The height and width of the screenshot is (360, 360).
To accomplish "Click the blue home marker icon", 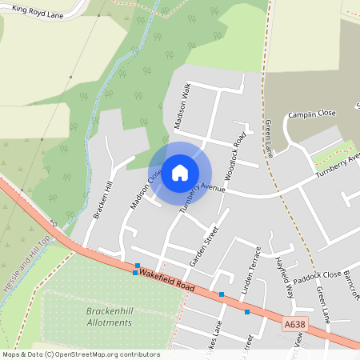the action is tap(180, 172).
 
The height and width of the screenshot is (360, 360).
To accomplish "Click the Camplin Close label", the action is tap(311, 114).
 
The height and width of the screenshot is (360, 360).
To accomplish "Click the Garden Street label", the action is tap(204, 246).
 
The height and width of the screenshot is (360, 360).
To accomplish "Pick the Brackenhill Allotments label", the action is tap(109, 316).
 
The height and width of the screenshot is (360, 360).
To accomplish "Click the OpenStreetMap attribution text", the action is tap(81, 354).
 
